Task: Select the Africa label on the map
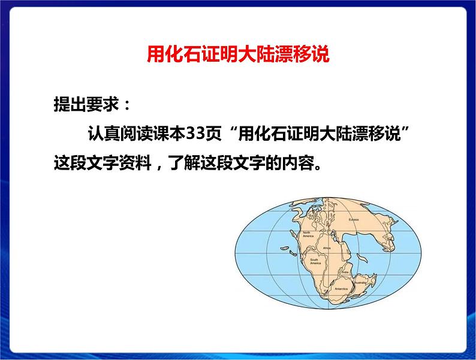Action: [327, 247]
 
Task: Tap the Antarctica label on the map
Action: [333, 288]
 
